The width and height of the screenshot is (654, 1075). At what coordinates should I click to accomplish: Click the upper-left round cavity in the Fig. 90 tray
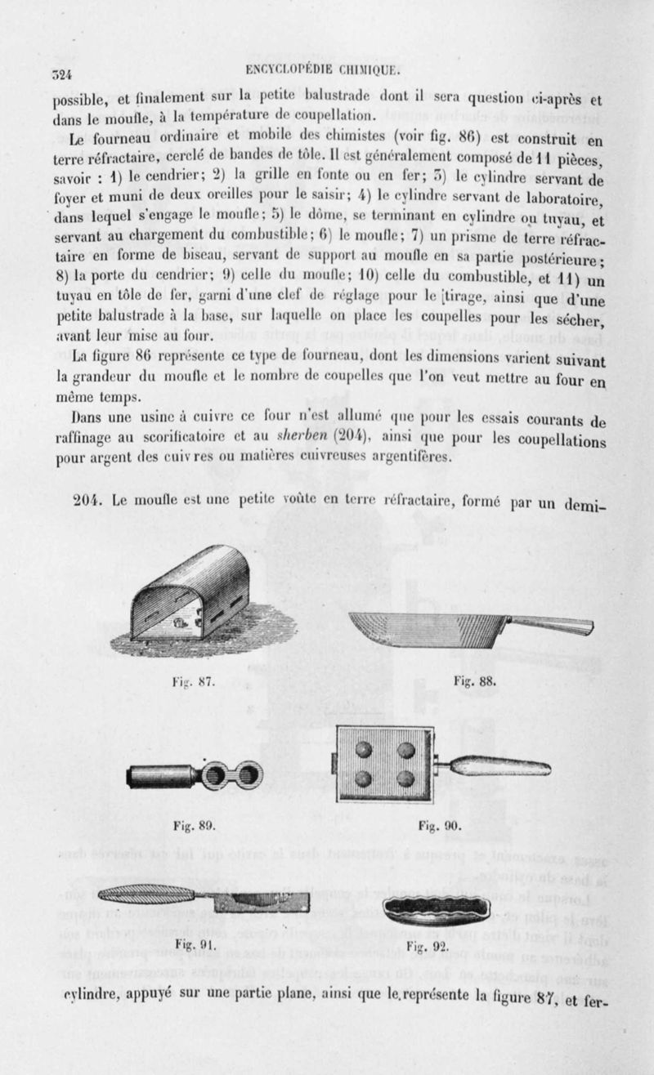click(x=365, y=750)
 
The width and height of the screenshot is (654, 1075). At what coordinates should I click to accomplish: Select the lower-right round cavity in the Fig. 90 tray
click(x=405, y=778)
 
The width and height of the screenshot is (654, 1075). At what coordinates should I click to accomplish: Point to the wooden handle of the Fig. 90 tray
click(x=500, y=766)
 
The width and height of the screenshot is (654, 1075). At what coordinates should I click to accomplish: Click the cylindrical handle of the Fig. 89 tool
click(x=160, y=775)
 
